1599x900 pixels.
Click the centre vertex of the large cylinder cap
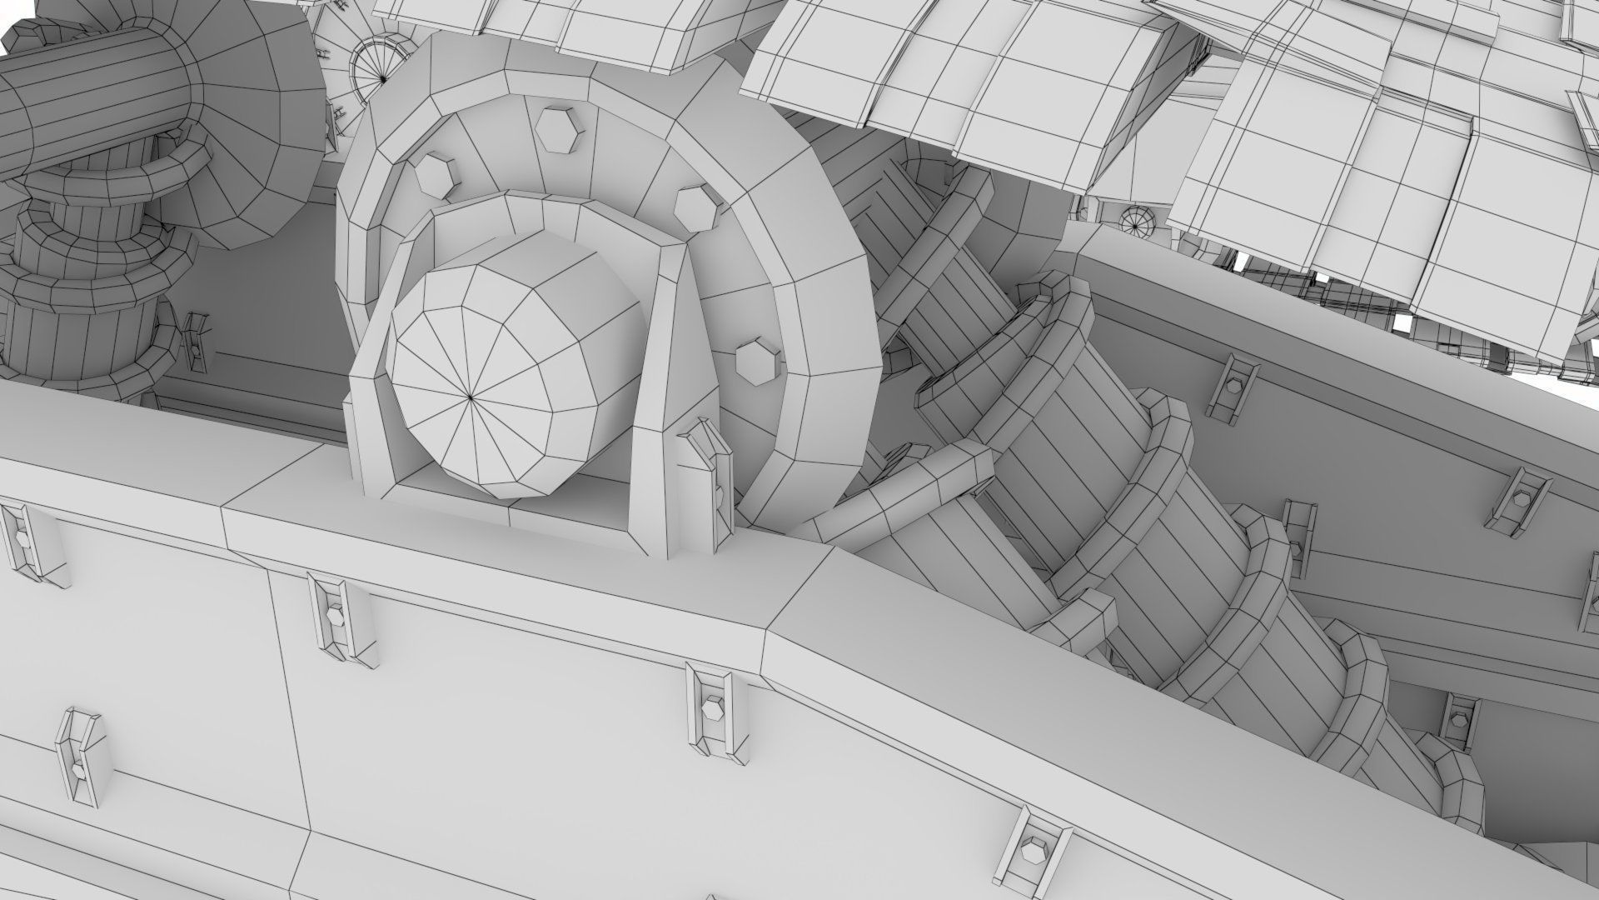[471, 399]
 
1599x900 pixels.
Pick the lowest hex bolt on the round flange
[757, 361]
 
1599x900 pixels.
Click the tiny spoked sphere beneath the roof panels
[1134, 222]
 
